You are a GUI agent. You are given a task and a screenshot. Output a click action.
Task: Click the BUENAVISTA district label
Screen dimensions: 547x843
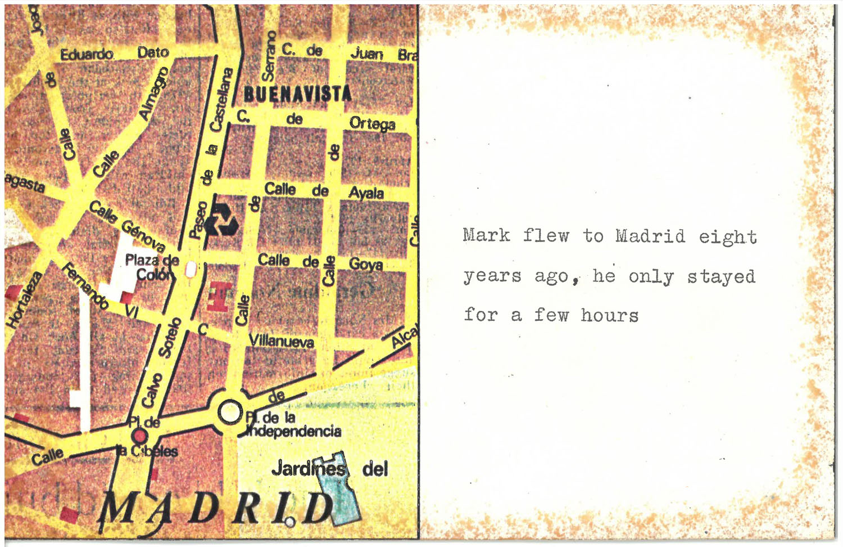coord(298,94)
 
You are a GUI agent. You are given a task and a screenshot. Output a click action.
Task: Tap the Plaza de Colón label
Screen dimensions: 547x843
coord(152,267)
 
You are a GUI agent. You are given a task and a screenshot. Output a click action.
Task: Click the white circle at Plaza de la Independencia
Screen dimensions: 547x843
coord(229,411)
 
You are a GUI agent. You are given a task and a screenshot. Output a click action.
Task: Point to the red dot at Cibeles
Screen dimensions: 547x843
coord(139,436)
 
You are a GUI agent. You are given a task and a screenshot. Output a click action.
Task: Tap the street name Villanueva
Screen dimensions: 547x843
coord(282,340)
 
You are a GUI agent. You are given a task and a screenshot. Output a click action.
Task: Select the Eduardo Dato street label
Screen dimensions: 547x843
coord(115,53)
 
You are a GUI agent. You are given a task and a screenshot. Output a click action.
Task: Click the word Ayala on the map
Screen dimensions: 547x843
coord(366,193)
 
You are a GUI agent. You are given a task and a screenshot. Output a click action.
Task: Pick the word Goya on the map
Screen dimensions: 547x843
coord(366,263)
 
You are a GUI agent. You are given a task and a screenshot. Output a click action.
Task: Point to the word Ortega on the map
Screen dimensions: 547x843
coord(372,123)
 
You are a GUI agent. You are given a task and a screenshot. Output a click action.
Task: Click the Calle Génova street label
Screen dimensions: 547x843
coord(127,226)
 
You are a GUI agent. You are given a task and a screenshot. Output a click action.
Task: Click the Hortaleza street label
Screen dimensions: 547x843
coord(24,299)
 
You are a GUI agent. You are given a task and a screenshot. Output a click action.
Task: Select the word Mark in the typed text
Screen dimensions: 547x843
coord(487,235)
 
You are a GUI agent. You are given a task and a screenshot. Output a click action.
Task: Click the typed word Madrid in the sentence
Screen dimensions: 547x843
coord(650,235)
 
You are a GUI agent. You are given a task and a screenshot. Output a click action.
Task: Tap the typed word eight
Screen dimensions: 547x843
coord(728,237)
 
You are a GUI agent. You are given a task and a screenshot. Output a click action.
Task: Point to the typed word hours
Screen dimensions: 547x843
coord(610,315)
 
